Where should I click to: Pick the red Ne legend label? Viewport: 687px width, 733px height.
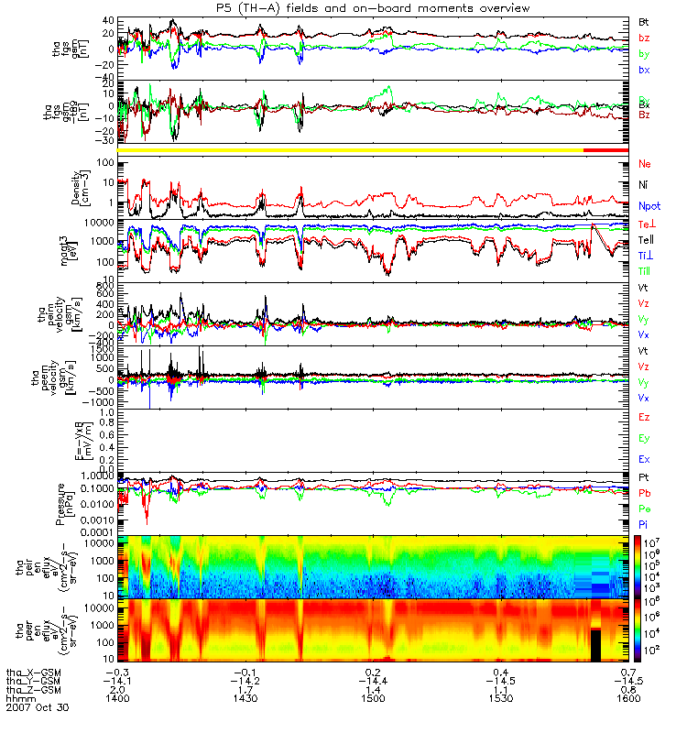[645, 164]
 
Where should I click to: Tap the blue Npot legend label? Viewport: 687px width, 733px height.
[649, 207]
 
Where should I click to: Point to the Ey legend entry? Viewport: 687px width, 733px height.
[645, 439]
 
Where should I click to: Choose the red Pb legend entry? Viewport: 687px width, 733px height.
[645, 493]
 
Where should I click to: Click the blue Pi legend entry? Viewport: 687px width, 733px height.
[644, 525]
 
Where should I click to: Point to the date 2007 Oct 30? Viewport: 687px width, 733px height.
[37, 708]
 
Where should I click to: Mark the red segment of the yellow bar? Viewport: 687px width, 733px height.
[605, 148]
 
